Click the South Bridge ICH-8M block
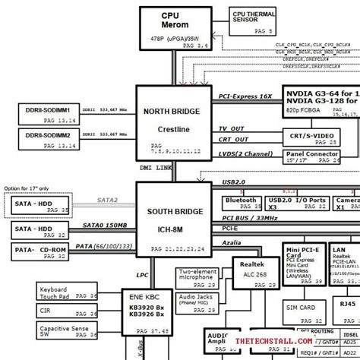[x=174, y=216]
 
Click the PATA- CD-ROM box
[x=44, y=250]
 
